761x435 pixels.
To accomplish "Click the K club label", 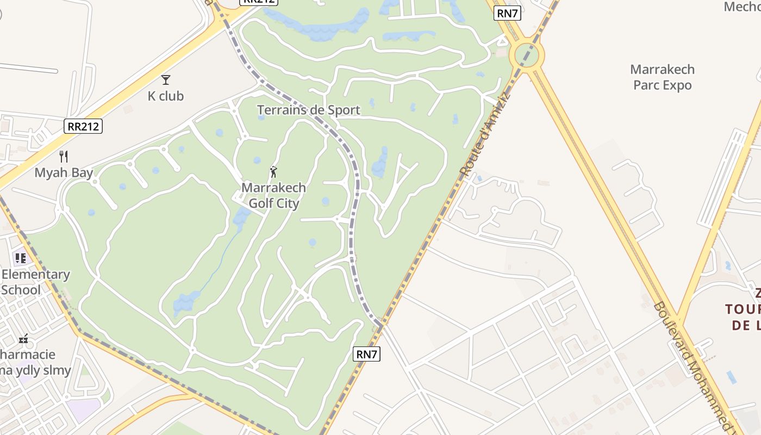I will click(x=166, y=96).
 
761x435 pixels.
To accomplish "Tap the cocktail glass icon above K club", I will click(x=166, y=80).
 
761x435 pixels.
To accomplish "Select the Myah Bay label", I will click(x=64, y=173).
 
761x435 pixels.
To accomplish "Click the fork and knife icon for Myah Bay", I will click(x=64, y=157).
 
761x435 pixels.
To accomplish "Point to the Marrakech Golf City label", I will click(x=273, y=196).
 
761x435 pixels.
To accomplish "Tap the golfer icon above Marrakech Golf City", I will click(x=273, y=172).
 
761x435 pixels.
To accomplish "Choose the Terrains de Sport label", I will click(x=308, y=110).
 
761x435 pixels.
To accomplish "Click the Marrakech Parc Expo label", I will click(x=662, y=77).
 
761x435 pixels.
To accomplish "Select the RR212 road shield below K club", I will click(x=83, y=127).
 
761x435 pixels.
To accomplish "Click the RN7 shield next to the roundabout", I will click(x=507, y=14).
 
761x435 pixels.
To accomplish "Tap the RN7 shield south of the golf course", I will click(x=366, y=354).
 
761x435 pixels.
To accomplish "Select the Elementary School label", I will click(x=35, y=282).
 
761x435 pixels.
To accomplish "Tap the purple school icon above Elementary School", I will click(x=20, y=258).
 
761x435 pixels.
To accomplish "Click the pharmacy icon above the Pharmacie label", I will click(x=23, y=339).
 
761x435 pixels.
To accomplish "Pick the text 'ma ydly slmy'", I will click(x=36, y=371).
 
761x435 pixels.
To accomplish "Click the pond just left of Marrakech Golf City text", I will click(x=241, y=216).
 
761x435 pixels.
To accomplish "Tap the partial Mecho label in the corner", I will click(x=742, y=7).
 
